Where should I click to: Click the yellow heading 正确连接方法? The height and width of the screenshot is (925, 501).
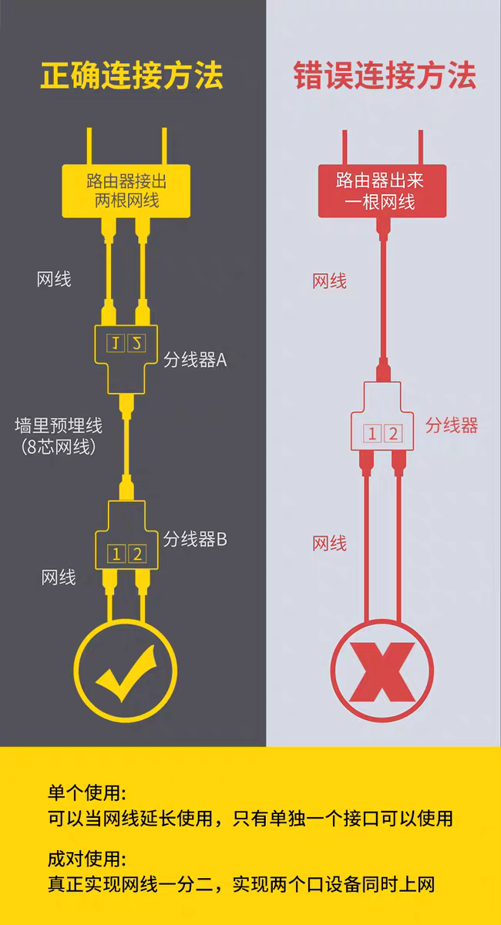click(x=132, y=76)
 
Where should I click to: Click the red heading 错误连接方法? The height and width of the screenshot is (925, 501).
click(x=385, y=76)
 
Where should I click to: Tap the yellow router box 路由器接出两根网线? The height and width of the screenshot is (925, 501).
click(x=126, y=191)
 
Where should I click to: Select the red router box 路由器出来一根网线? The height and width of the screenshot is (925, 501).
click(x=382, y=191)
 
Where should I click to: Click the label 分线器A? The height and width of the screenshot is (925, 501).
click(x=195, y=360)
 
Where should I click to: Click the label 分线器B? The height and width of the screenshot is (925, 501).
click(x=195, y=540)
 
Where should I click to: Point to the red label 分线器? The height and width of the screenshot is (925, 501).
click(x=452, y=425)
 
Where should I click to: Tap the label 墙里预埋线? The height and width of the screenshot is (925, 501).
click(x=59, y=425)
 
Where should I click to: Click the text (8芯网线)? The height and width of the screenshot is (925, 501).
click(x=59, y=447)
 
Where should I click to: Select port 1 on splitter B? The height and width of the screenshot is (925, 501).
click(x=116, y=553)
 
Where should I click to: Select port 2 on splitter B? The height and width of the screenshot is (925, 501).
click(x=137, y=553)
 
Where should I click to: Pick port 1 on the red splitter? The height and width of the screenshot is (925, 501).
click(x=372, y=434)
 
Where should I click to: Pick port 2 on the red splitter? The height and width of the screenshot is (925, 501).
click(x=393, y=434)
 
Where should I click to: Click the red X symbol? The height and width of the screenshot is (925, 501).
click(x=382, y=672)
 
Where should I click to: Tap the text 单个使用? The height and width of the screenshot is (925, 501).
click(x=87, y=793)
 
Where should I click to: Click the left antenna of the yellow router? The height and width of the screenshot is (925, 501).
click(x=89, y=146)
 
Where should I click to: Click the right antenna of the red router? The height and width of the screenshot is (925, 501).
click(x=421, y=147)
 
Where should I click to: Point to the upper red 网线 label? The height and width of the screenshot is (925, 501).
click(x=329, y=281)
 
